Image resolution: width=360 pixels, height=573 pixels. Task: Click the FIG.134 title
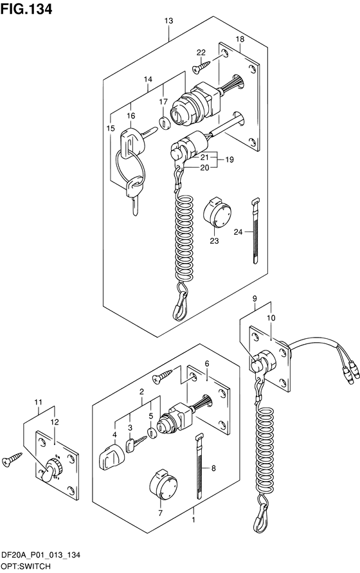(26, 9)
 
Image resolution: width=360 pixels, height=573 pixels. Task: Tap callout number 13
(168, 21)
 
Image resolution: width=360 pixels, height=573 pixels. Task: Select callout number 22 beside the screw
(201, 53)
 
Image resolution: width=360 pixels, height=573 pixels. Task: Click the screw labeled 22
(201, 66)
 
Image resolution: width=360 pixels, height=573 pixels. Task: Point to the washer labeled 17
(165, 123)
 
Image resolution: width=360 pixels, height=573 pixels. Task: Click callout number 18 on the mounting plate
(240, 39)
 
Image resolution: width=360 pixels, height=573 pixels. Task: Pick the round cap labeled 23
(217, 212)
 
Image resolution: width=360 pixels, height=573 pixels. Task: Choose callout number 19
(229, 159)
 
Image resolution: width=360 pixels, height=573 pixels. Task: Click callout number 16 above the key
(131, 116)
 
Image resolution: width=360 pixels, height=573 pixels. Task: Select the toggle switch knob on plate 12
(52, 469)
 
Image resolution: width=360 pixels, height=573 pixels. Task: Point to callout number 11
(38, 403)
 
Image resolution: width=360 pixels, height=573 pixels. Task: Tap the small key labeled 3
(136, 442)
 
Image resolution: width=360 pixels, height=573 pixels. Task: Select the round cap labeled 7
(163, 485)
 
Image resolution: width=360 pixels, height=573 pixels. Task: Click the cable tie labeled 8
(199, 466)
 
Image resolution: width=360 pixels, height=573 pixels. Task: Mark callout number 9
(255, 299)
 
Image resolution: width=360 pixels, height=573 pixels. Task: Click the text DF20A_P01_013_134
(40, 556)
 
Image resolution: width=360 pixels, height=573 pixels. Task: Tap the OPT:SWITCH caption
(26, 567)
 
